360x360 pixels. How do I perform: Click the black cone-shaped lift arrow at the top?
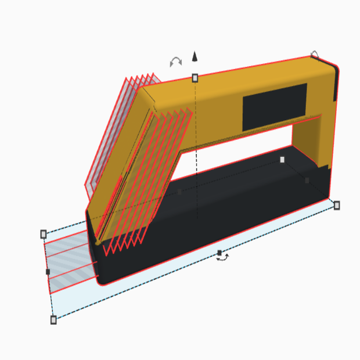(x=195, y=56)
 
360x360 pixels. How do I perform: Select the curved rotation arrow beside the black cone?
(x=175, y=61)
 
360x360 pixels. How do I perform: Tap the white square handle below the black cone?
(x=195, y=78)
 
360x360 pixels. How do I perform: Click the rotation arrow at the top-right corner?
(x=315, y=55)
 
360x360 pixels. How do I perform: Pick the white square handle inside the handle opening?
(x=283, y=160)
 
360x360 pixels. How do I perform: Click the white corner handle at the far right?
(x=337, y=206)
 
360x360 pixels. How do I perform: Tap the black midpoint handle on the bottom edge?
(x=219, y=253)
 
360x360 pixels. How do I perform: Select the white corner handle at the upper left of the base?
(x=44, y=234)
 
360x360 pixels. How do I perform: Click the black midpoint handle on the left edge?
(x=48, y=272)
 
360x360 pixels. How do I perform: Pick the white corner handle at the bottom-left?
(x=53, y=319)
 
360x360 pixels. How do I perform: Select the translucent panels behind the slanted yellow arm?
(x=110, y=134)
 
